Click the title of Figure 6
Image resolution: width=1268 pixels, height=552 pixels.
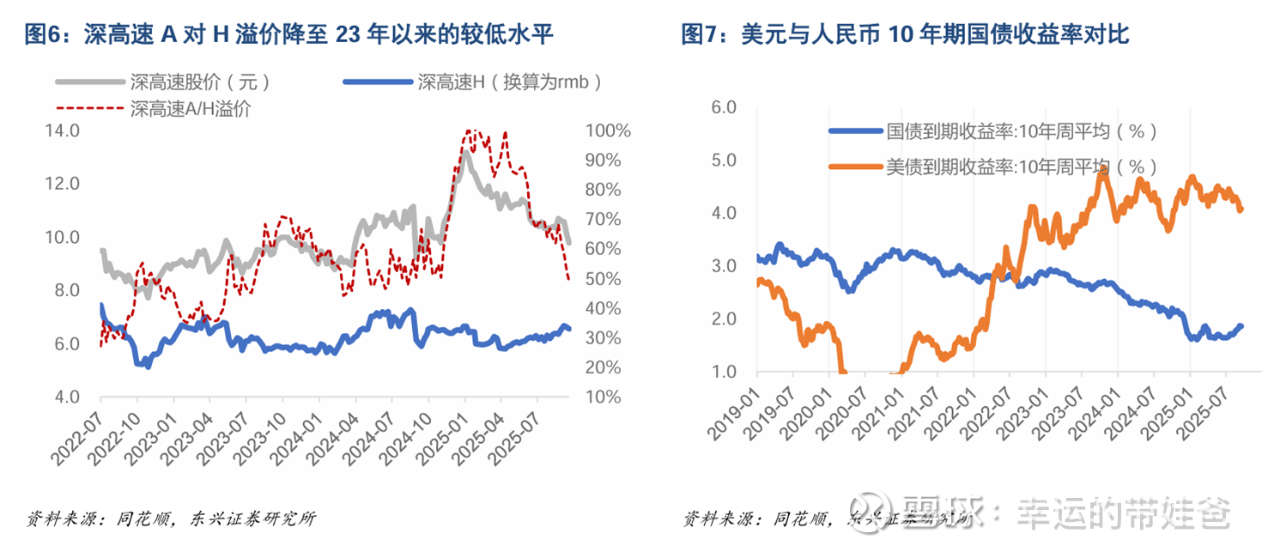point(288,35)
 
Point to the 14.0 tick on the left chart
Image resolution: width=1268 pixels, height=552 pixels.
point(61,131)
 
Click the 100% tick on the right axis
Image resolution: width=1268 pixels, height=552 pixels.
point(609,131)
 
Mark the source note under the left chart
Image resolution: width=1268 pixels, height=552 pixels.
point(172,519)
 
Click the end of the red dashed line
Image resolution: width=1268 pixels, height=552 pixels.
point(568,279)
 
